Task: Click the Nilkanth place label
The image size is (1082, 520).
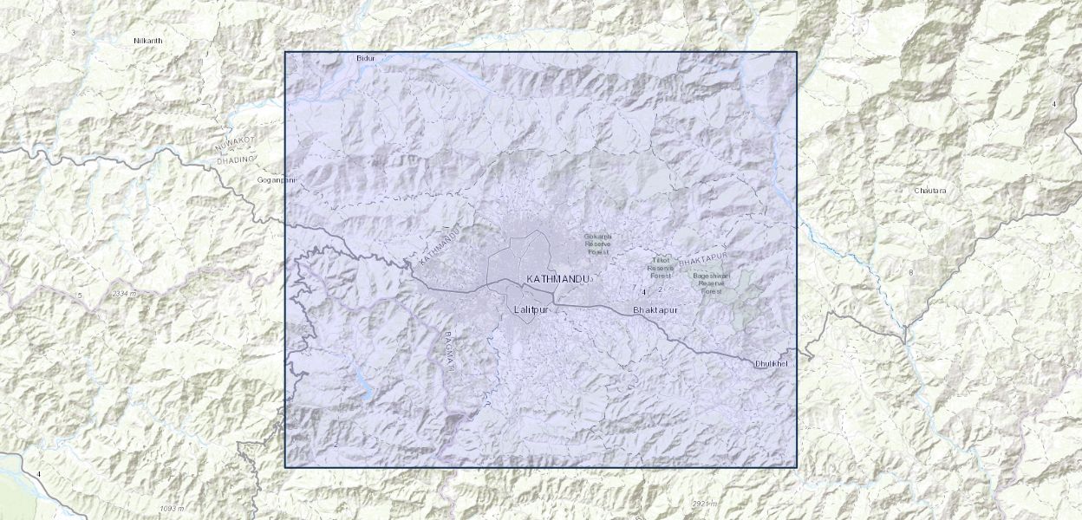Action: tap(148, 41)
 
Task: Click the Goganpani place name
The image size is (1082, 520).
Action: tap(277, 180)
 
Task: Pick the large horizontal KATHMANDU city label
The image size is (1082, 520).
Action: tap(557, 279)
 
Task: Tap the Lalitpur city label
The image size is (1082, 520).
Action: tap(531, 309)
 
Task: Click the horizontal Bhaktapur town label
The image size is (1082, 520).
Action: tap(655, 309)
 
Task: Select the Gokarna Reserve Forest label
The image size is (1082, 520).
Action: tap(598, 244)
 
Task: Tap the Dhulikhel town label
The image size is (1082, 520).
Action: tap(772, 363)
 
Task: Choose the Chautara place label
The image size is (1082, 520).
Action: tap(930, 190)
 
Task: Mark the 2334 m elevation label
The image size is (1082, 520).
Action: tap(125, 295)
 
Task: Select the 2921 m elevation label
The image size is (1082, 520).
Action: tap(705, 504)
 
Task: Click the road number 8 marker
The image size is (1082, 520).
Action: tap(910, 273)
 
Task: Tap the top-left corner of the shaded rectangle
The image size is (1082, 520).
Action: tap(285, 52)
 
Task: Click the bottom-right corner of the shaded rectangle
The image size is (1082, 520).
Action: tap(797, 468)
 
